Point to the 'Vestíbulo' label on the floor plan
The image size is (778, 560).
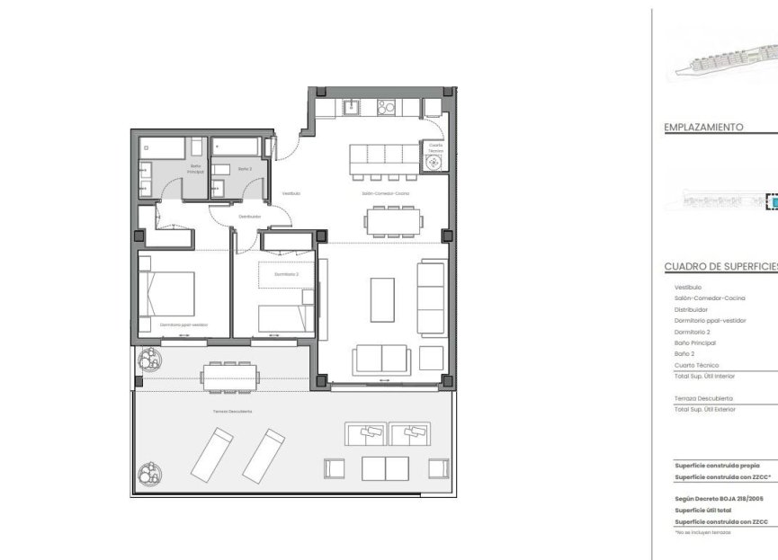[291, 193]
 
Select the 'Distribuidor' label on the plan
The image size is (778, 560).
[249, 217]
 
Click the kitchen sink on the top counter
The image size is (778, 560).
[352, 108]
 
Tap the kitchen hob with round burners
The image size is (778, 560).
[386, 108]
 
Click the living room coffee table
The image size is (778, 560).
[382, 299]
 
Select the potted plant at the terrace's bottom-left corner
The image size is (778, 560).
[147, 470]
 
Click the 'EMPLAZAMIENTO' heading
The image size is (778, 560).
[703, 128]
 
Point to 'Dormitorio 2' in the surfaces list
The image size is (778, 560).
[693, 332]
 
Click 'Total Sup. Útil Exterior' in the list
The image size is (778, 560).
[704, 409]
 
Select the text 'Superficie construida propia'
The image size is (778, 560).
[717, 466]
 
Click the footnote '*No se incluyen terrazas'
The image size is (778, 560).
[702, 532]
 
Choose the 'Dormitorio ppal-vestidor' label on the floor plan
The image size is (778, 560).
[184, 324]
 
